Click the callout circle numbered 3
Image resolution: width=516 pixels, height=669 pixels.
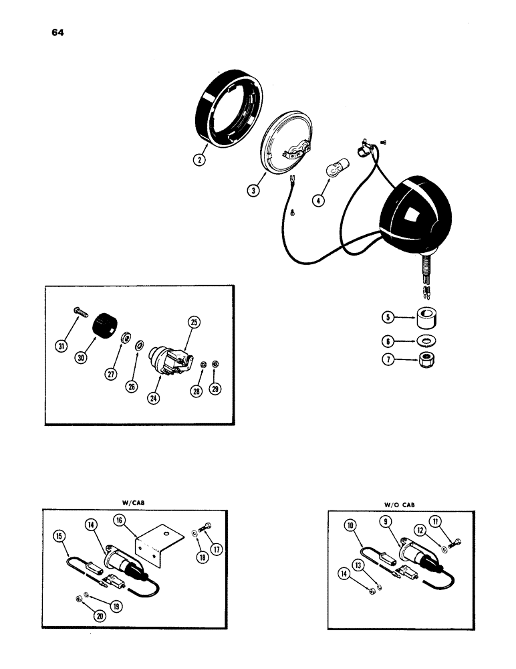pyautogui.click(x=252, y=189)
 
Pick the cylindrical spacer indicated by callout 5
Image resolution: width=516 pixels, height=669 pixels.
pyautogui.click(x=426, y=316)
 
